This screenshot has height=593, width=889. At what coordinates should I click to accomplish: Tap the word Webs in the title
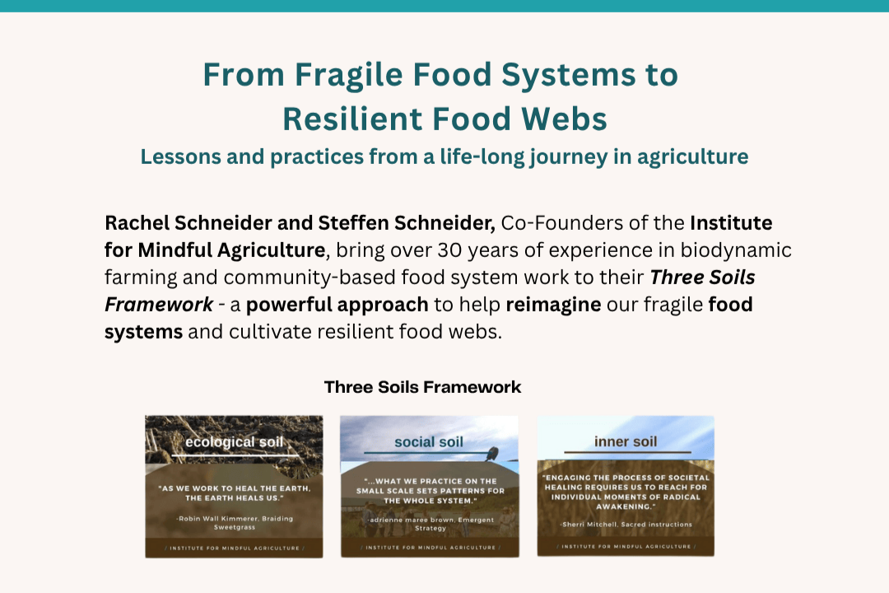point(566,119)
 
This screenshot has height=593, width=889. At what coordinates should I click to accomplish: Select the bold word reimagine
point(554,305)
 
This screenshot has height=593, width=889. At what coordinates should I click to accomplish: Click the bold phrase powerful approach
point(337,305)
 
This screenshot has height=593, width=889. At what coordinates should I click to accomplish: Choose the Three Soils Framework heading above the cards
point(422,387)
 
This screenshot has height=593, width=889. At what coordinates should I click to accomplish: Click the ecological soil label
point(234,442)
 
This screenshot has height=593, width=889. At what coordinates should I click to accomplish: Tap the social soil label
point(429,442)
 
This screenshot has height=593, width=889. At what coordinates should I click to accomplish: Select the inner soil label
point(626,442)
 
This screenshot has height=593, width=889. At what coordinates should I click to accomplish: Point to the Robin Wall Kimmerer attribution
point(234,522)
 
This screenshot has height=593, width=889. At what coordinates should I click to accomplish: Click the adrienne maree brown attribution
point(429,523)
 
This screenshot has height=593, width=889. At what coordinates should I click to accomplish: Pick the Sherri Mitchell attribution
point(626,524)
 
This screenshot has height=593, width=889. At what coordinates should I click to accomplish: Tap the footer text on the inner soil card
point(626,546)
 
